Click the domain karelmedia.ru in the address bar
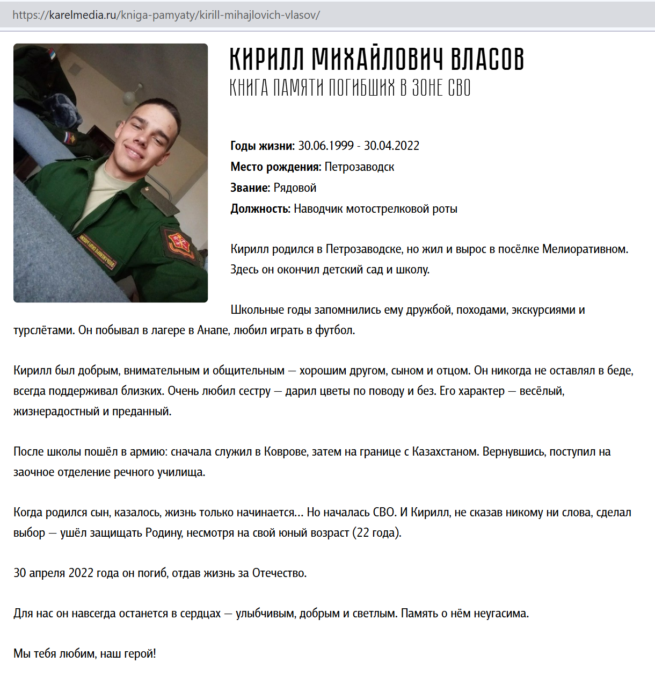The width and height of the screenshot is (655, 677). (x=83, y=15)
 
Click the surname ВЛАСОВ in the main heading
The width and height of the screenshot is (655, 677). (x=487, y=59)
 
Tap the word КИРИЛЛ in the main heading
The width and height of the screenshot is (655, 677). (x=267, y=59)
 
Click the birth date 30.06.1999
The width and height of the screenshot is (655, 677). (x=326, y=146)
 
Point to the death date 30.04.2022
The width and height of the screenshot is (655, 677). (x=391, y=146)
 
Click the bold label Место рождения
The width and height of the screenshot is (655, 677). (x=275, y=167)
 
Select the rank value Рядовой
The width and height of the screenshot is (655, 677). (x=295, y=188)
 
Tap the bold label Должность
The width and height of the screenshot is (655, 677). (x=260, y=209)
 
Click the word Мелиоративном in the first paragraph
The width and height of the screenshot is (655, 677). (x=584, y=249)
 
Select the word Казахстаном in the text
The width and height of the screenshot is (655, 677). (x=445, y=452)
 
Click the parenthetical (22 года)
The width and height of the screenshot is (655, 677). (x=376, y=533)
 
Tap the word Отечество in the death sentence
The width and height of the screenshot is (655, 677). (x=279, y=573)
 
